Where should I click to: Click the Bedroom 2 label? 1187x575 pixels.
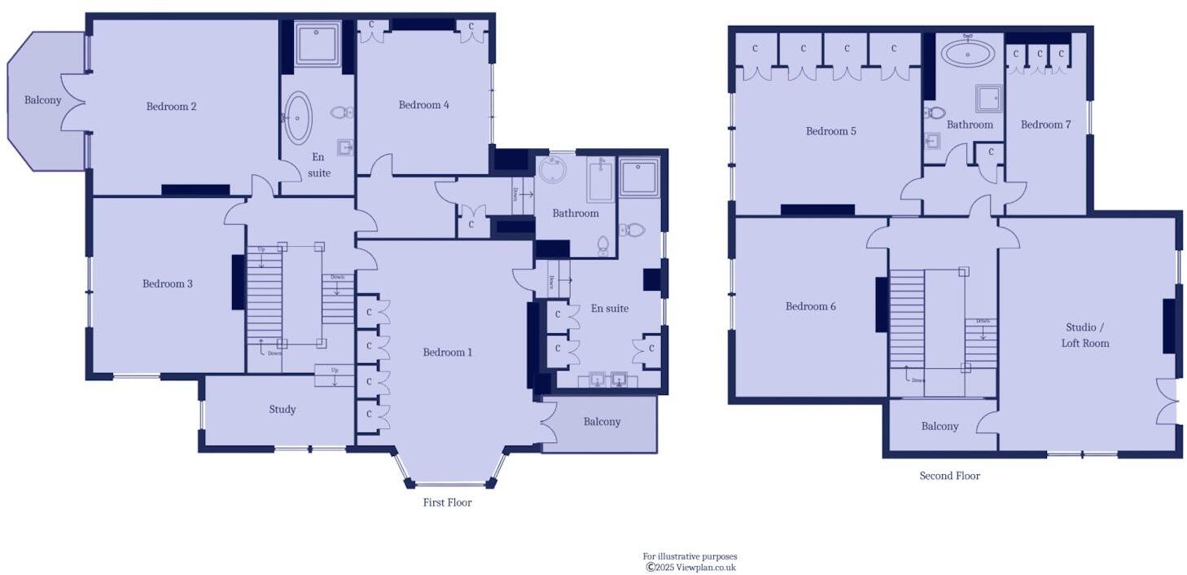pyautogui.click(x=171, y=106)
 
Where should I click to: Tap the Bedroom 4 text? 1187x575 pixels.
pyautogui.click(x=423, y=104)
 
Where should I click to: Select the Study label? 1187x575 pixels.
pyautogui.click(x=282, y=409)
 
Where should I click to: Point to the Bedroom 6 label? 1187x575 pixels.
pyautogui.click(x=810, y=306)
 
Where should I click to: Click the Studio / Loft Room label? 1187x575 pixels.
pyautogui.click(x=1084, y=335)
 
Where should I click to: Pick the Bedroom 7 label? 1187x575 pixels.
pyautogui.click(x=1045, y=125)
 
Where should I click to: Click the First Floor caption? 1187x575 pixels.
pyautogui.click(x=447, y=503)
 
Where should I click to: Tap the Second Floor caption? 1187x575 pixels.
pyautogui.click(x=949, y=476)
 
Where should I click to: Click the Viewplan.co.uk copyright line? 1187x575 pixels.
pyautogui.click(x=690, y=567)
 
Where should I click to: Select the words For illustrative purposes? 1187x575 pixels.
pyautogui.click(x=690, y=556)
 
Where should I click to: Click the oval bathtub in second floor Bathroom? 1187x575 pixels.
pyautogui.click(x=967, y=55)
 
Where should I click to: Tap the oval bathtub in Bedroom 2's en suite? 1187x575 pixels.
pyautogui.click(x=297, y=117)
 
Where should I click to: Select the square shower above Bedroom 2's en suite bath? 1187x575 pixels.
pyautogui.click(x=318, y=44)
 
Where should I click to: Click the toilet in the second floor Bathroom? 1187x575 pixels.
pyautogui.click(x=933, y=113)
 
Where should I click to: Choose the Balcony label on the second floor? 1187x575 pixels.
pyautogui.click(x=940, y=426)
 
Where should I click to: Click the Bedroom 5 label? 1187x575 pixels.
pyautogui.click(x=830, y=131)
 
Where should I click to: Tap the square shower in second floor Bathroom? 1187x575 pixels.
pyautogui.click(x=988, y=99)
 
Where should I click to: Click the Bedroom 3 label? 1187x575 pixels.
pyautogui.click(x=168, y=283)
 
